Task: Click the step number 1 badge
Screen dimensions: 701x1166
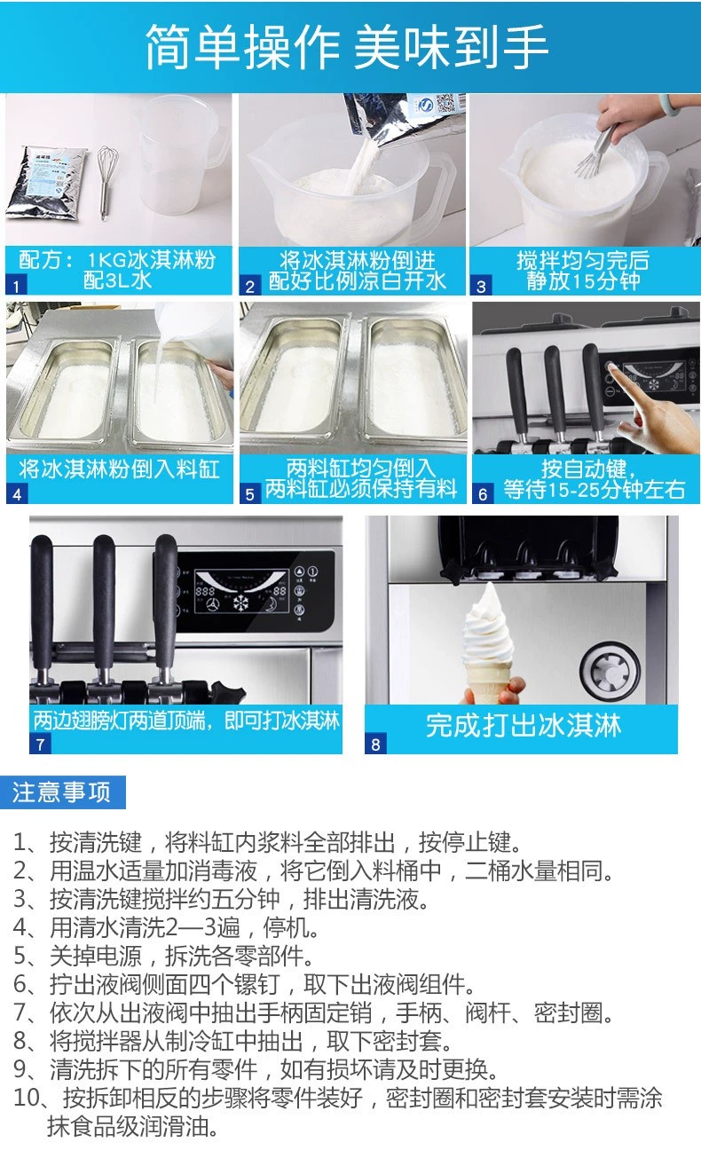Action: pos(16,286)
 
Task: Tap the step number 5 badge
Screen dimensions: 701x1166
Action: pos(250,494)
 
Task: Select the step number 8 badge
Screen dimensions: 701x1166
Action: pos(375,745)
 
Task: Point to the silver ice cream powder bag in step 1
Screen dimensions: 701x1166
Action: pos(46,183)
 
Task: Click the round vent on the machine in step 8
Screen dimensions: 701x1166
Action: pos(610,670)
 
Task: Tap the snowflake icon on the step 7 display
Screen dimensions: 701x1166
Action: pos(240,603)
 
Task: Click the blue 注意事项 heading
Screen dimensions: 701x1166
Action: pos(62,792)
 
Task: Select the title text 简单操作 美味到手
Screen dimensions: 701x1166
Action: pos(347,47)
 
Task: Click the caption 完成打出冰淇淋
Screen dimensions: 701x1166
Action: pos(524,725)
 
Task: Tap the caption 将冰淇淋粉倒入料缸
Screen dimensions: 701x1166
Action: pos(119,469)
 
